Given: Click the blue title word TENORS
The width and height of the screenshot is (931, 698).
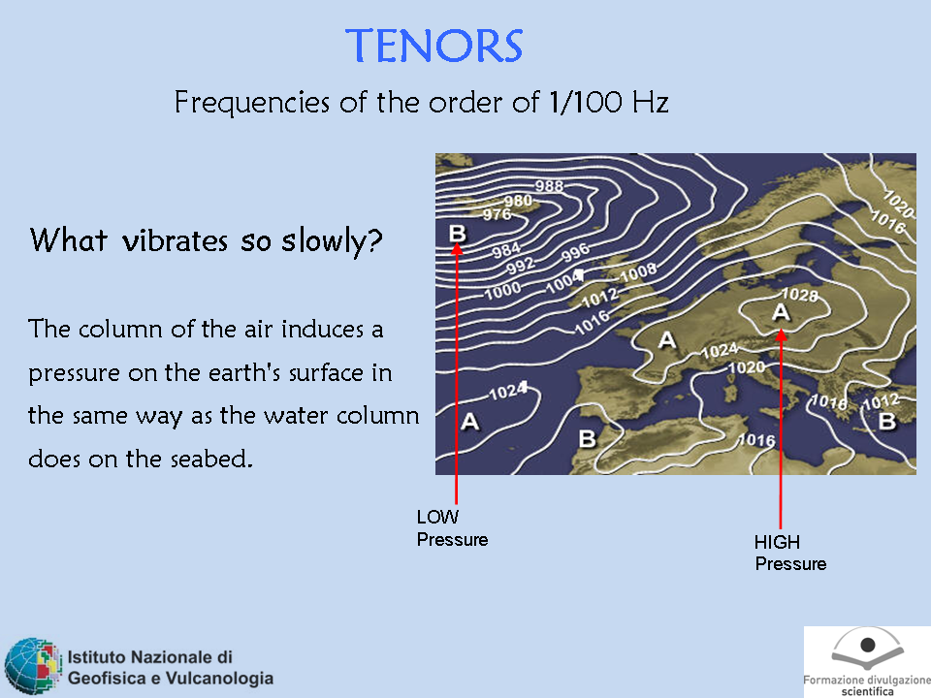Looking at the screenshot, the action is tap(434, 46).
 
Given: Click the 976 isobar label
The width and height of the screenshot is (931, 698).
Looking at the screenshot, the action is tap(497, 214).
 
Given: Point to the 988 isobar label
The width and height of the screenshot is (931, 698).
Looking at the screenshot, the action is tap(549, 186).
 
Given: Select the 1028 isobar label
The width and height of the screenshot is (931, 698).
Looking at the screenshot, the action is tap(800, 294).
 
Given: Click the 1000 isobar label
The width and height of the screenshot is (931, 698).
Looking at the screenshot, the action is tap(502, 290).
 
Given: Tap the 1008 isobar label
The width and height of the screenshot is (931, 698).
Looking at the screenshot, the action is tap(638, 273).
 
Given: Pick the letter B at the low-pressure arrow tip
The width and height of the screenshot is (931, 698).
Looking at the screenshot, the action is tap(457, 233).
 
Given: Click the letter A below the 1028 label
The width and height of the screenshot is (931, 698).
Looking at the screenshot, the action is tap(781, 311).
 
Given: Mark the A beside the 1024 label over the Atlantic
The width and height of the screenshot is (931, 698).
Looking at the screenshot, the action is tap(469, 422).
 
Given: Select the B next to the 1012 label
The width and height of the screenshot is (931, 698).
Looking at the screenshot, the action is tap(887, 422).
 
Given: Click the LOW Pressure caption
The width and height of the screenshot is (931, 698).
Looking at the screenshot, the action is tap(452, 527).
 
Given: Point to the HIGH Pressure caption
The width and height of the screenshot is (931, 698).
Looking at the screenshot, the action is tap(789, 553).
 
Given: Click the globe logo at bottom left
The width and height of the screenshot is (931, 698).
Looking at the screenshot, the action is tap(33, 666).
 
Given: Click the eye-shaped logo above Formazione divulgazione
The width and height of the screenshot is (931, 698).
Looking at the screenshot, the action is tap(867, 649).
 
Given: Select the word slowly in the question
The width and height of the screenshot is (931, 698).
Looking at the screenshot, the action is tap(332, 241).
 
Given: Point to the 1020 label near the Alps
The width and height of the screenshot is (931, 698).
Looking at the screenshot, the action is tap(747, 367).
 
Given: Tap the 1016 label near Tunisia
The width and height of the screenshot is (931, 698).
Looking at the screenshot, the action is tap(756, 440).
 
